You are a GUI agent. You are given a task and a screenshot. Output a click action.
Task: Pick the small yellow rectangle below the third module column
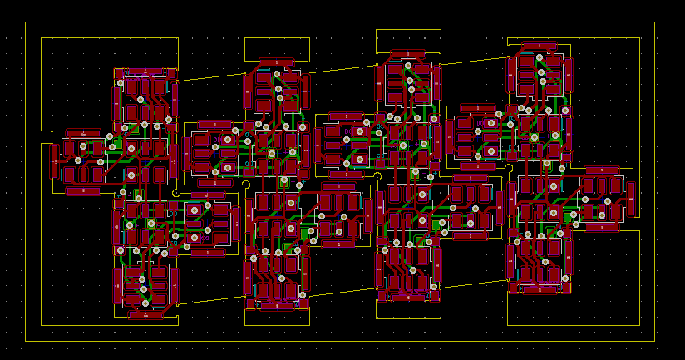pyautogui.click(x=408, y=309)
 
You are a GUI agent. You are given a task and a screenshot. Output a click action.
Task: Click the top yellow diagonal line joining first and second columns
pyautogui.click(x=211, y=76)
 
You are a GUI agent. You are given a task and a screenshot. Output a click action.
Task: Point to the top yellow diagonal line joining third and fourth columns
pyautogui.click(x=474, y=60)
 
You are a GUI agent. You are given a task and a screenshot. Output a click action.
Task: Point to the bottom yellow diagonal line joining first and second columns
pyautogui.click(x=211, y=298)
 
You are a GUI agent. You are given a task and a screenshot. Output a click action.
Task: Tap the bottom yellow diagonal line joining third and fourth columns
pyautogui.click(x=474, y=284)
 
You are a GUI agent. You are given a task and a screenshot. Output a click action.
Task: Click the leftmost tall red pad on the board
pyautogui.click(x=54, y=161)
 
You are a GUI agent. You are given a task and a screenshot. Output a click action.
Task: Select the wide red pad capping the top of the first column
pyautogui.click(x=145, y=72)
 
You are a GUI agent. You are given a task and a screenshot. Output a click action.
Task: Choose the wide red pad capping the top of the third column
pyautogui.click(x=408, y=55)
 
